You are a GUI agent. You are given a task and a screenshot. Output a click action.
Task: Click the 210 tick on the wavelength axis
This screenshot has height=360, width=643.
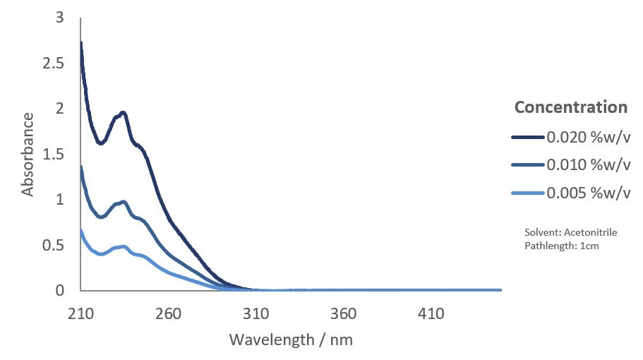point(80,313)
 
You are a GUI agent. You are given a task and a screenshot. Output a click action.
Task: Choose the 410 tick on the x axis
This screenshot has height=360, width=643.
point(431,313)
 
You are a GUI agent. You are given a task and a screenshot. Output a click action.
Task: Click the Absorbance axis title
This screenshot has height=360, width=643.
point(28,154)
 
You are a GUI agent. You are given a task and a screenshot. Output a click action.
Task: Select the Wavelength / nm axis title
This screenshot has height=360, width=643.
point(291,340)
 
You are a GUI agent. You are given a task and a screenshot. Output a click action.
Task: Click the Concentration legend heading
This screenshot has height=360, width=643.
point(570,107)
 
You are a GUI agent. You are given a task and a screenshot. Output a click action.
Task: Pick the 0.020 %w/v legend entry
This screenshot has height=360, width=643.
point(587,137)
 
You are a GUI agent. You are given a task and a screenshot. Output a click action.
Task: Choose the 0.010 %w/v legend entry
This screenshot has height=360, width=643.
point(587,165)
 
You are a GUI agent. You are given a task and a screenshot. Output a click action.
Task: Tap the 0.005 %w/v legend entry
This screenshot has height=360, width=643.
point(587,193)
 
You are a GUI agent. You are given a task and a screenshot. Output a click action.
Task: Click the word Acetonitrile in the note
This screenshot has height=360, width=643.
point(587,232)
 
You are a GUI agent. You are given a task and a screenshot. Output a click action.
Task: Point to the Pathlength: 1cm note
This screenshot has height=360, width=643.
point(562,246)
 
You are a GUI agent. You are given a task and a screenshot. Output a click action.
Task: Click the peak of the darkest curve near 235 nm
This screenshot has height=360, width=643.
point(124,113)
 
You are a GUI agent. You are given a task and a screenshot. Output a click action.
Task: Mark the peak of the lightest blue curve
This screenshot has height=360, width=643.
point(124,246)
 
